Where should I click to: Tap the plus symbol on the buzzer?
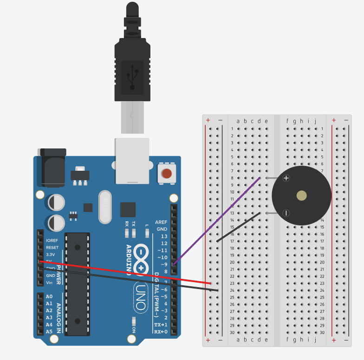[x=286, y=178]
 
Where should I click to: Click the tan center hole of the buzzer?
[x=301, y=196]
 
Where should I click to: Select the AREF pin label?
[x=162, y=222]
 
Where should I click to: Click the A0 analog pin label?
[x=49, y=296]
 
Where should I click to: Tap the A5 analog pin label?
[x=49, y=332]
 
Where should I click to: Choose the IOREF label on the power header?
[x=52, y=240]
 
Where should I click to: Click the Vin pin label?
[x=49, y=283]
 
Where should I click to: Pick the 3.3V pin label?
[x=51, y=255]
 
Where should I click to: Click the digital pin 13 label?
[x=164, y=236]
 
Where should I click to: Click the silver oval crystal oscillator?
[x=105, y=207]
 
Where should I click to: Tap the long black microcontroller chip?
[x=77, y=283]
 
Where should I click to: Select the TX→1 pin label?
[x=161, y=325]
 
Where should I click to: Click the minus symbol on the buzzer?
[x=286, y=213]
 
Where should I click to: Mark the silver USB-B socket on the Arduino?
[x=132, y=160]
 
